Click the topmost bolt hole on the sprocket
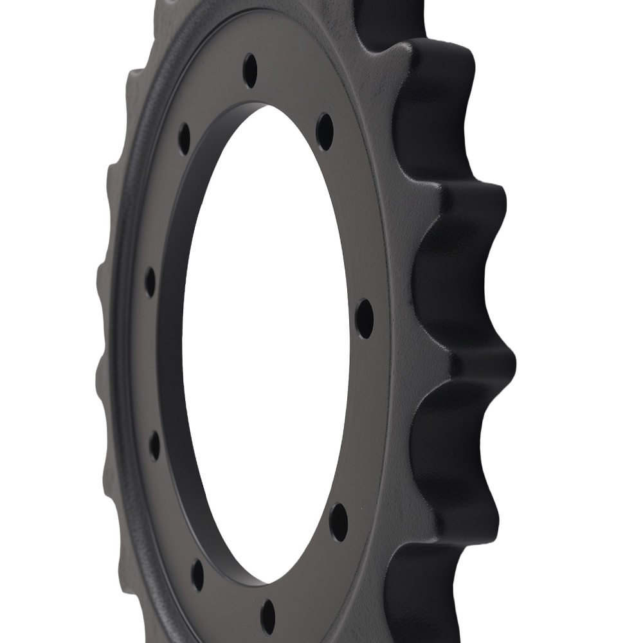250,70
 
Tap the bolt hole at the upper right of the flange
325,132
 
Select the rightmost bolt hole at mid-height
365,318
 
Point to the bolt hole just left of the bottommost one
198,574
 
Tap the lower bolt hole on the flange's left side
154,446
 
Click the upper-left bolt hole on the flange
185,138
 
